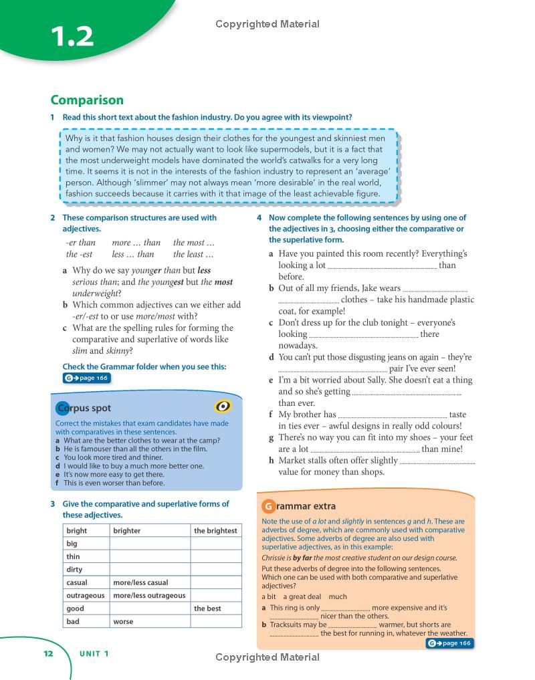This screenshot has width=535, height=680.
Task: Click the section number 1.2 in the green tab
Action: pos(70,36)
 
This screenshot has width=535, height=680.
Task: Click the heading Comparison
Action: pos(87,100)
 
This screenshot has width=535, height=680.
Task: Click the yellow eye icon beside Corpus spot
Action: pos(223,407)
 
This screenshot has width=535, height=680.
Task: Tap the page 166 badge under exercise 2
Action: pos(86,378)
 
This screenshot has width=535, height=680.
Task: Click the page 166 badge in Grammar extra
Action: pos(449,643)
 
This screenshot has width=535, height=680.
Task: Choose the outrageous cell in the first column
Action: pos(86,596)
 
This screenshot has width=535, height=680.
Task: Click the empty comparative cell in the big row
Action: pos(150,544)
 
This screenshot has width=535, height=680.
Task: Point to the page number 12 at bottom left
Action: pos(47,654)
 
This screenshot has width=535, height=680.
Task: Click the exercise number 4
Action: pos(259,218)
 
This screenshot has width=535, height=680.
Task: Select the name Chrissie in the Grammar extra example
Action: pos(276,558)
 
